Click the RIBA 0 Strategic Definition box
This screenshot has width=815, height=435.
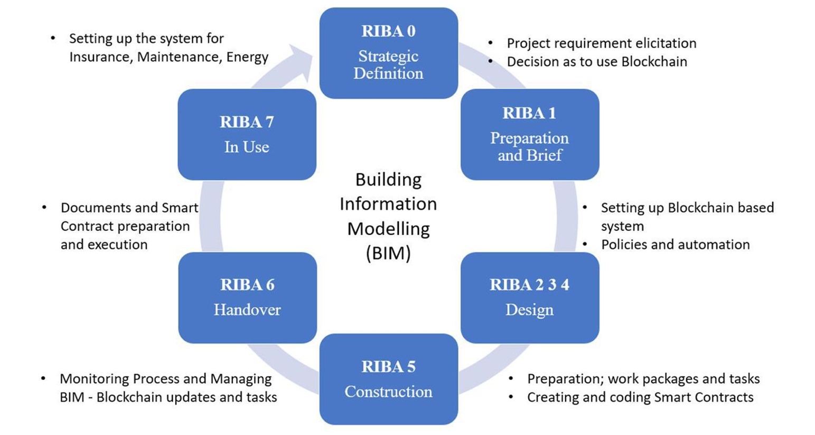pyautogui.click(x=388, y=53)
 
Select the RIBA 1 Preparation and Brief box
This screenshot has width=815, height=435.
pyautogui.click(x=529, y=134)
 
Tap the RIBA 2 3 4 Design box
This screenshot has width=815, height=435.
pyautogui.click(x=529, y=297)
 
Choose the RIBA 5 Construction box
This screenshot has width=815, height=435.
pyautogui.click(x=388, y=379)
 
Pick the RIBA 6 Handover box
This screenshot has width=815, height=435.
pyautogui.click(x=247, y=297)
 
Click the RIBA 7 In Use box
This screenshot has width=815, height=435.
pyautogui.click(x=247, y=134)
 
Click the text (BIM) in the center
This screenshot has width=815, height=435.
pyautogui.click(x=388, y=253)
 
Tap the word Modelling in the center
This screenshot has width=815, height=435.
pyautogui.click(x=388, y=228)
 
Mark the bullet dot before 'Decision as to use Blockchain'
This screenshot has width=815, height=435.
pyautogui.click(x=491, y=62)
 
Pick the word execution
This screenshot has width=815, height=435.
pyautogui.click(x=123, y=244)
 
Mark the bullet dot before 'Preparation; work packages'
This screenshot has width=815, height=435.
pyautogui.click(x=511, y=379)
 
